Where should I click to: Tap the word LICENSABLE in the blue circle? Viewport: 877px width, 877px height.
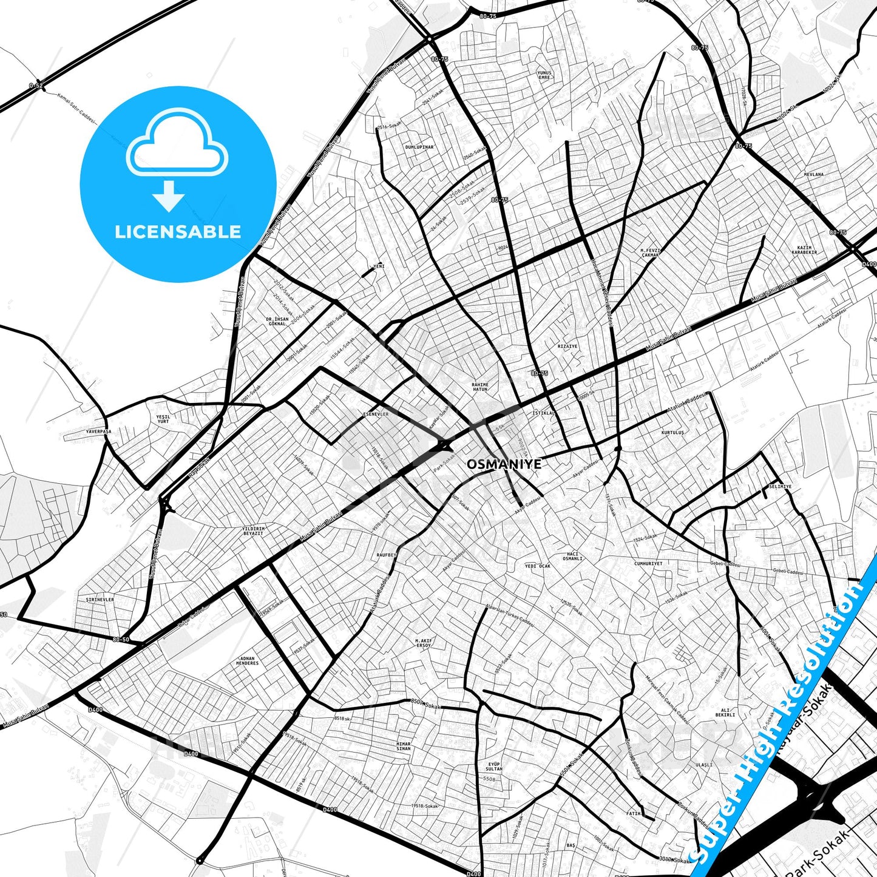click(178, 231)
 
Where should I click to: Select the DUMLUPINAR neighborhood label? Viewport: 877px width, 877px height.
click(419, 147)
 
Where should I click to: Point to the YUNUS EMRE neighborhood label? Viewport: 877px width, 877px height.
click(544, 75)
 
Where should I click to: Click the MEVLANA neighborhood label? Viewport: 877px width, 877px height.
click(814, 174)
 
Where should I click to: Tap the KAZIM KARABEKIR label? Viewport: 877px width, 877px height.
click(807, 250)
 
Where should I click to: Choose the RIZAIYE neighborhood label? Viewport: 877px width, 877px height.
click(567, 346)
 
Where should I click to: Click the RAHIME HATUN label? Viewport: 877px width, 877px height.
click(479, 387)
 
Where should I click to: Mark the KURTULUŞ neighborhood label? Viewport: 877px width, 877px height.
click(672, 432)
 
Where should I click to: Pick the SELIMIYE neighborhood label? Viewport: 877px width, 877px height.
click(780, 486)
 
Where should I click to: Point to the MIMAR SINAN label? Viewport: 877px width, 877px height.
click(403, 746)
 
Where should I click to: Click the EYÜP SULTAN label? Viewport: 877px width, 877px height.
click(494, 766)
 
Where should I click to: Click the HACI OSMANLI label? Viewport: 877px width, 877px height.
click(574, 556)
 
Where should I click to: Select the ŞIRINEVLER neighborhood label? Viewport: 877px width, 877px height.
click(100, 599)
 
